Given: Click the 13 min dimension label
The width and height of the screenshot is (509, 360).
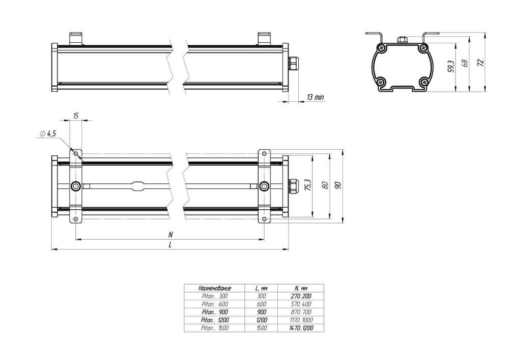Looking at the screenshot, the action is [315, 97].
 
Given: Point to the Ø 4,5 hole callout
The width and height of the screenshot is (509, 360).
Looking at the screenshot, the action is [48, 133].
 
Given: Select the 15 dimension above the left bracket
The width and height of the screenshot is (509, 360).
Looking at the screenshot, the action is [76, 116].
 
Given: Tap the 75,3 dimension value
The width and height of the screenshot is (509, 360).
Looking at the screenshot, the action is [308, 185].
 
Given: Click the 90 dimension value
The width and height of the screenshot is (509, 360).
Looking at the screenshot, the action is [338, 185].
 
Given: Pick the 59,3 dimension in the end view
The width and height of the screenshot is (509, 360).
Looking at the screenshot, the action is [451, 66].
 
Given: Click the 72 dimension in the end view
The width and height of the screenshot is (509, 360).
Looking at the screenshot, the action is [481, 62].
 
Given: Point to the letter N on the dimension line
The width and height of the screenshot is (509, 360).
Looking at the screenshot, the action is [171, 234].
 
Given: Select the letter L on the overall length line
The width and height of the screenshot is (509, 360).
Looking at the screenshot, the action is [170, 245].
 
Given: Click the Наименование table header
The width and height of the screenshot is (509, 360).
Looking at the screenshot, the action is [215, 288].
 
